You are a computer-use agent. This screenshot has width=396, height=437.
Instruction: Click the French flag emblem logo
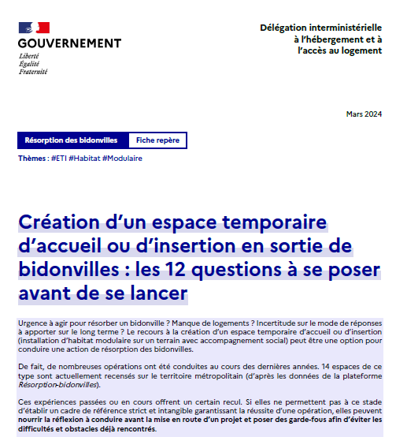click(33, 28)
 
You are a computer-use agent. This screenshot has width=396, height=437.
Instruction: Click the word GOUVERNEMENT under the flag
click(69, 43)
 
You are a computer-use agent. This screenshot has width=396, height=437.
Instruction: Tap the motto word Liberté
click(28, 57)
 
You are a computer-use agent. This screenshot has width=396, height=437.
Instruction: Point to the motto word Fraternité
click(32, 71)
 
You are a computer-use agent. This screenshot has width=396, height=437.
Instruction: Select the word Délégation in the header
click(284, 28)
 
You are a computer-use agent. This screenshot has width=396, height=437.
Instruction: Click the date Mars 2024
click(364, 114)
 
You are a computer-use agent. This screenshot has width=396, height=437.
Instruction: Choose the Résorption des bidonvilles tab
click(71, 140)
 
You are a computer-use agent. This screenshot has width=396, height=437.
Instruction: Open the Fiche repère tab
click(157, 140)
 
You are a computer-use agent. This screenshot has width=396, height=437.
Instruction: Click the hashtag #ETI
click(57, 159)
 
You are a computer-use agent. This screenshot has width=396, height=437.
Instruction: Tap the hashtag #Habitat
click(84, 159)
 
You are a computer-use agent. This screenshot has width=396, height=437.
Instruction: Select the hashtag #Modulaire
click(122, 159)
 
